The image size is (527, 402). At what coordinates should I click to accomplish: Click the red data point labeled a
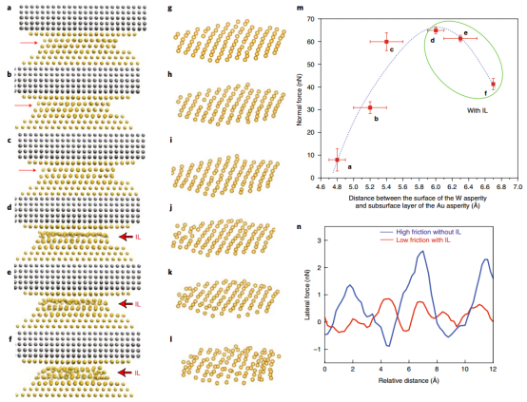337,160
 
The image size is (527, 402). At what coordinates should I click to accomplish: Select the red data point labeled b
370,107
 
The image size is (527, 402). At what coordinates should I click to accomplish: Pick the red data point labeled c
386,42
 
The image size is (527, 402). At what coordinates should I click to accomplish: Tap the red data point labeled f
493,84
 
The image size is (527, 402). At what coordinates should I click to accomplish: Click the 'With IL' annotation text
478,111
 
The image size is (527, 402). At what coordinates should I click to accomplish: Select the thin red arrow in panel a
30,43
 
